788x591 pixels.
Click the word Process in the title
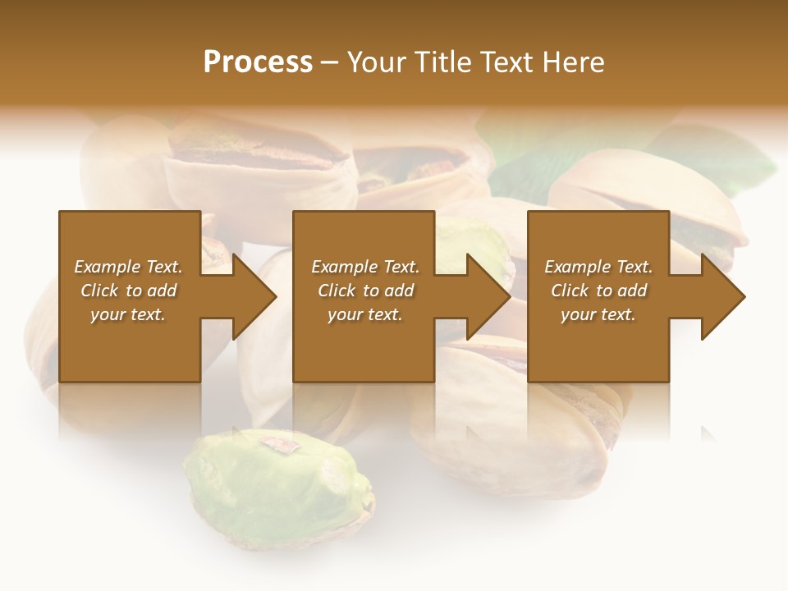pos(258,62)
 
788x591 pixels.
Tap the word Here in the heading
pos(572,62)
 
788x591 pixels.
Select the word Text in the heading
pos(508,62)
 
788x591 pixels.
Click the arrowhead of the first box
pos(254,296)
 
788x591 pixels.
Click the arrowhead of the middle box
pos(488,296)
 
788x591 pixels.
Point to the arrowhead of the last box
pos(722,296)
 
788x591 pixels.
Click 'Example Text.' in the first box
pos(128,267)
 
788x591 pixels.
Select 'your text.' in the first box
pos(128,314)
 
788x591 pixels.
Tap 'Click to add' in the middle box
pos(365,291)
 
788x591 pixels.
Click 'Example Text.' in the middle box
pos(365,267)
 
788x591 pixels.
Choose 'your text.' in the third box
pos(598,314)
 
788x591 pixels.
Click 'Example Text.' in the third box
pos(598,267)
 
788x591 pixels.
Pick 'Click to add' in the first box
pos(128,291)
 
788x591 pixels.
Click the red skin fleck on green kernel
pos(280,444)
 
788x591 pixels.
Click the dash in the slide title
pos(330,62)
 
